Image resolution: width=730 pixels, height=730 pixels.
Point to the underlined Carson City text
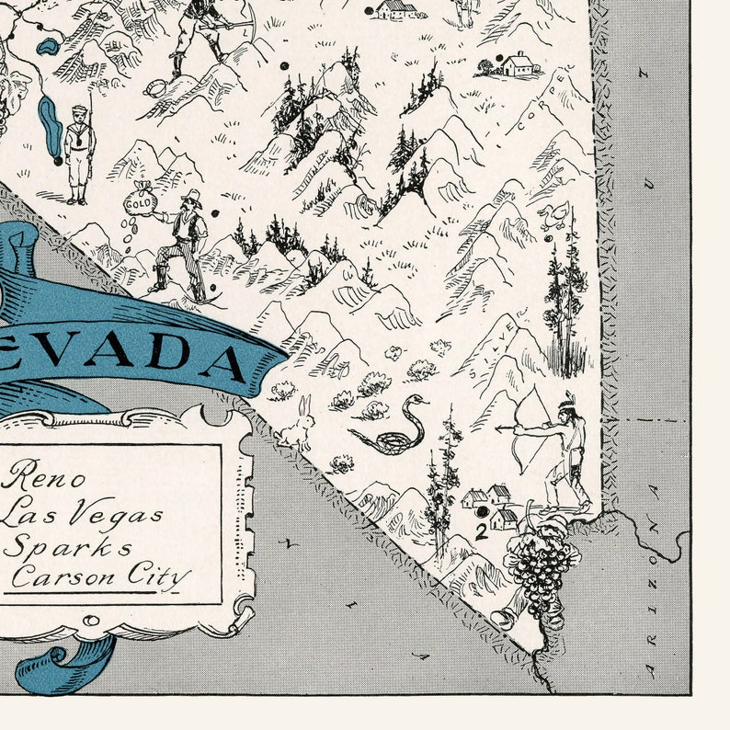tap(101, 577)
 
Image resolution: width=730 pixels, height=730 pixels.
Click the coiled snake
tap(391, 428)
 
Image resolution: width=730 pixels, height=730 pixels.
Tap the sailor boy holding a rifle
tap(80, 152)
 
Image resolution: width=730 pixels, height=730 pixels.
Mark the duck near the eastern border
tap(553, 215)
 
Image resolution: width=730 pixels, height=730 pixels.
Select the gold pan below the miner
tap(156, 87)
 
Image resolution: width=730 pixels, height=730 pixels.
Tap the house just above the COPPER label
tap(517, 63)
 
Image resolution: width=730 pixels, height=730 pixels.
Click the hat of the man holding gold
tap(191, 196)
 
